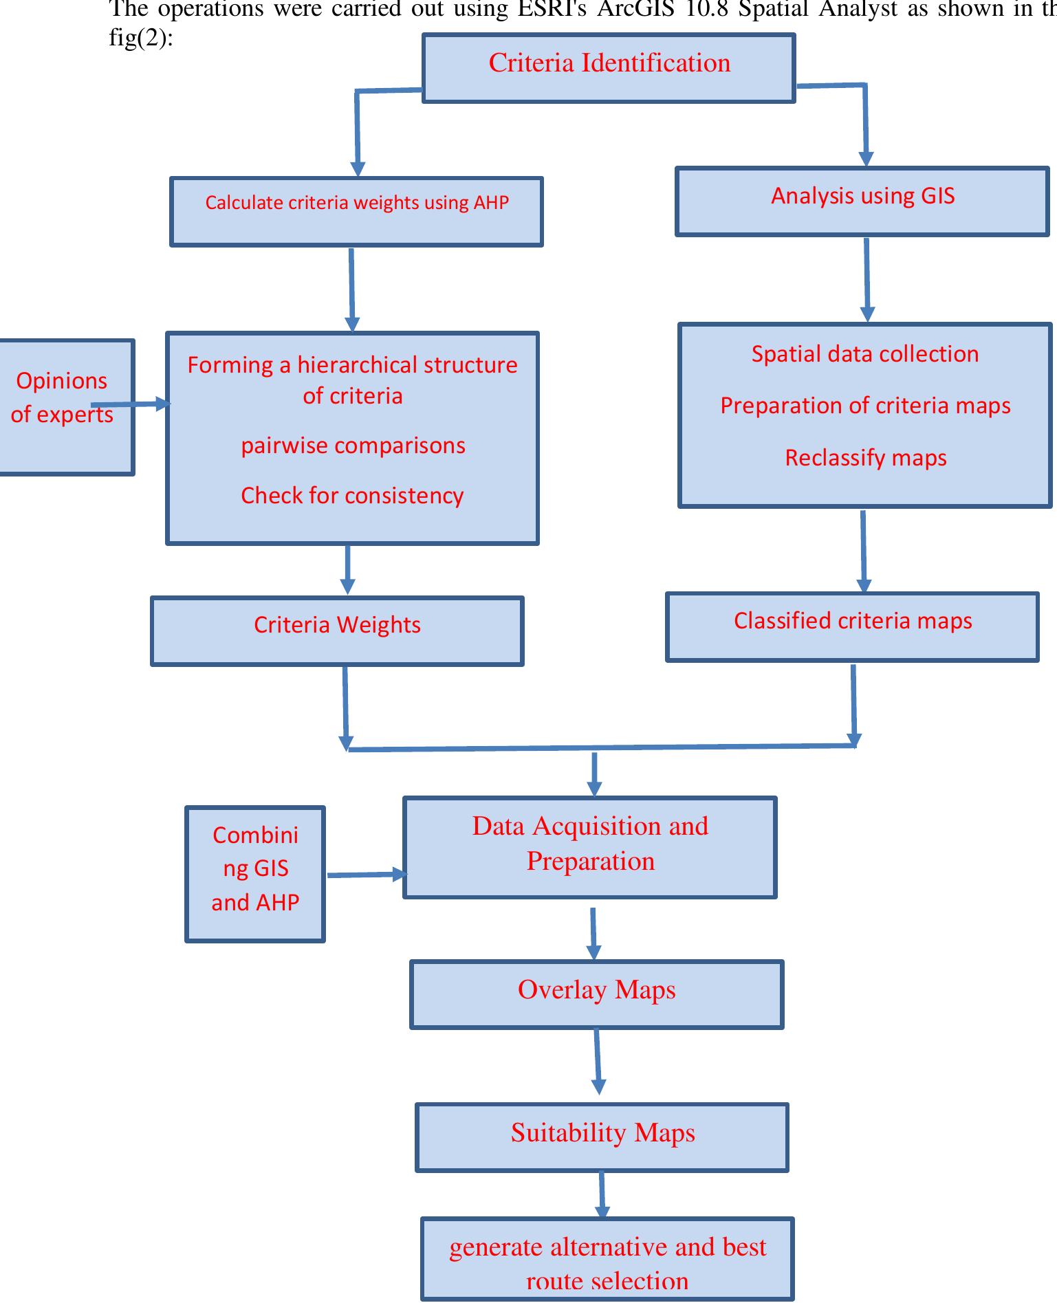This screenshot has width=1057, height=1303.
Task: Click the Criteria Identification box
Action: (609, 68)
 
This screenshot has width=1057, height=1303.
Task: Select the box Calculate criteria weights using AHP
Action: (356, 211)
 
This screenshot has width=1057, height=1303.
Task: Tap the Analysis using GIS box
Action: (862, 201)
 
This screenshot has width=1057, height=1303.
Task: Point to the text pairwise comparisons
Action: (353, 446)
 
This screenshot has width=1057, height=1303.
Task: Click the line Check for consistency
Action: (352, 496)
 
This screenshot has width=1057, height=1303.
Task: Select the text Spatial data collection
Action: (864, 354)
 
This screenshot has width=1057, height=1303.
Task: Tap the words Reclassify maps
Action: (865, 458)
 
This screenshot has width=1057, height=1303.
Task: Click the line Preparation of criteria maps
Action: (865, 406)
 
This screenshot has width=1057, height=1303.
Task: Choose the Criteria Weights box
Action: (337, 631)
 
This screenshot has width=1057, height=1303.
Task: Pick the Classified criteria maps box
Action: (852, 626)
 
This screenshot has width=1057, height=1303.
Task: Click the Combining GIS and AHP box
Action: (255, 873)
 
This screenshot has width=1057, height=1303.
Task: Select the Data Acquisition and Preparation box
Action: (589, 847)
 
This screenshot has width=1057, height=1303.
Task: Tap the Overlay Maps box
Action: (596, 994)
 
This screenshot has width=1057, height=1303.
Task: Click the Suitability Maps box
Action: (602, 1137)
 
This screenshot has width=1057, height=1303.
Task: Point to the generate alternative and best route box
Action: (607, 1259)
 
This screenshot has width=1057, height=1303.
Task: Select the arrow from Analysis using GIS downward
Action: (867, 278)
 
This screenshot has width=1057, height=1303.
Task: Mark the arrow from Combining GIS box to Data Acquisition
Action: (364, 875)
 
